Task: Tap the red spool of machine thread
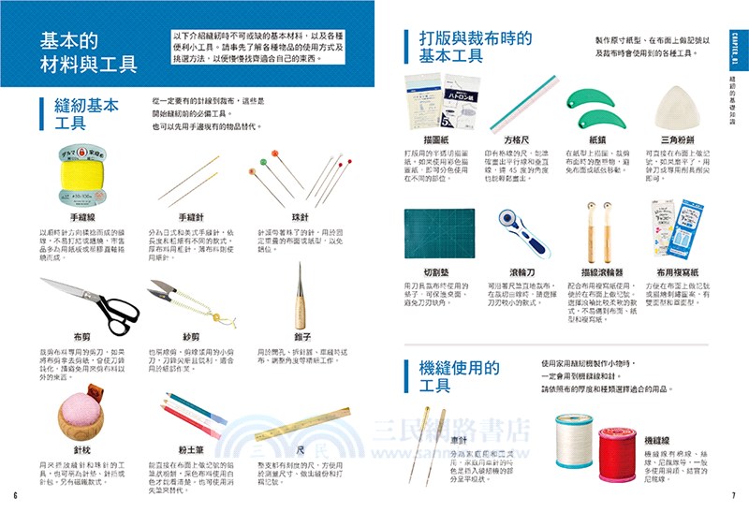612,446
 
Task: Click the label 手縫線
71,216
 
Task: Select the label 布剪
81,335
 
